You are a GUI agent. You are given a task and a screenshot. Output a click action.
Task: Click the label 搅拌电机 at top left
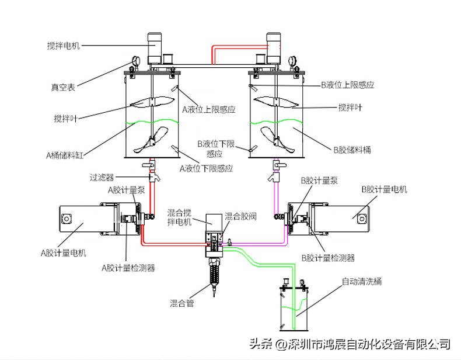click(64, 46)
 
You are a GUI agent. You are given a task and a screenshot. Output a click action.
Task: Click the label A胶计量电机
click(64, 253)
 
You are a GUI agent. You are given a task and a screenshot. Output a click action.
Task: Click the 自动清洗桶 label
click(362, 282)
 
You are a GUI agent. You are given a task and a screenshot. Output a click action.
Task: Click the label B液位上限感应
click(347, 85)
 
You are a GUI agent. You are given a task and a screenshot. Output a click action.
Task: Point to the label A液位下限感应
click(206, 168)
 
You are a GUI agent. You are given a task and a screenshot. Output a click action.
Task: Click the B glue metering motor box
click(344, 216)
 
